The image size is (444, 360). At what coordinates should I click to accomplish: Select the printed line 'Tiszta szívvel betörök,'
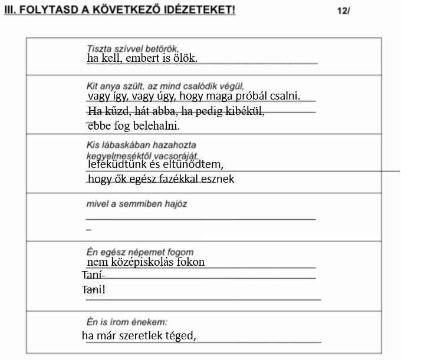(133, 49)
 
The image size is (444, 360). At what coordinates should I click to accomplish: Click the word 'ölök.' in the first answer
(184, 59)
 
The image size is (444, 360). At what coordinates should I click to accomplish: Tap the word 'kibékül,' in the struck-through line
(245, 111)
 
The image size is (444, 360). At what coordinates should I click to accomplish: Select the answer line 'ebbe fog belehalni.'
(133, 126)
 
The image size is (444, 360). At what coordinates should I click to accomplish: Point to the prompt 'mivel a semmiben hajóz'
(137, 204)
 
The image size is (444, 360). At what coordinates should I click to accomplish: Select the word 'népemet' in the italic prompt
(155, 252)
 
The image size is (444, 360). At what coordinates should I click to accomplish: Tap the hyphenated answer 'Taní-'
(93, 276)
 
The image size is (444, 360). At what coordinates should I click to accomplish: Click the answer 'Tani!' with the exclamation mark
(93, 290)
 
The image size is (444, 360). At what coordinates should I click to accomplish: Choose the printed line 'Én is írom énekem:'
(127, 322)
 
